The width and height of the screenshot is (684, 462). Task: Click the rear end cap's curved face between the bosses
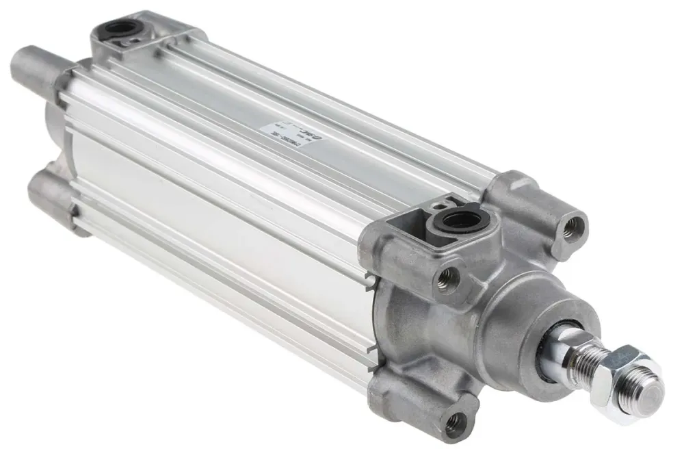click(x=55, y=130)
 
